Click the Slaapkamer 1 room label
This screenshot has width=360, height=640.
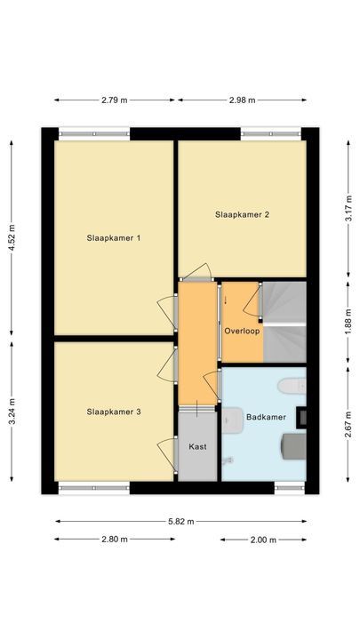point(114,238)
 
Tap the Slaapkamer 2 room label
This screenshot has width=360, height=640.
point(242,214)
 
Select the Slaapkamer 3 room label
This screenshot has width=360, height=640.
point(114,412)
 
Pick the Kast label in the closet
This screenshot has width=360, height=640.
point(198,446)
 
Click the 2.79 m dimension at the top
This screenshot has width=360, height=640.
point(115,100)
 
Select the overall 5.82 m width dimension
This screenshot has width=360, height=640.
point(180,521)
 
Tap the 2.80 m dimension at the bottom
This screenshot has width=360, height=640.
point(115,540)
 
